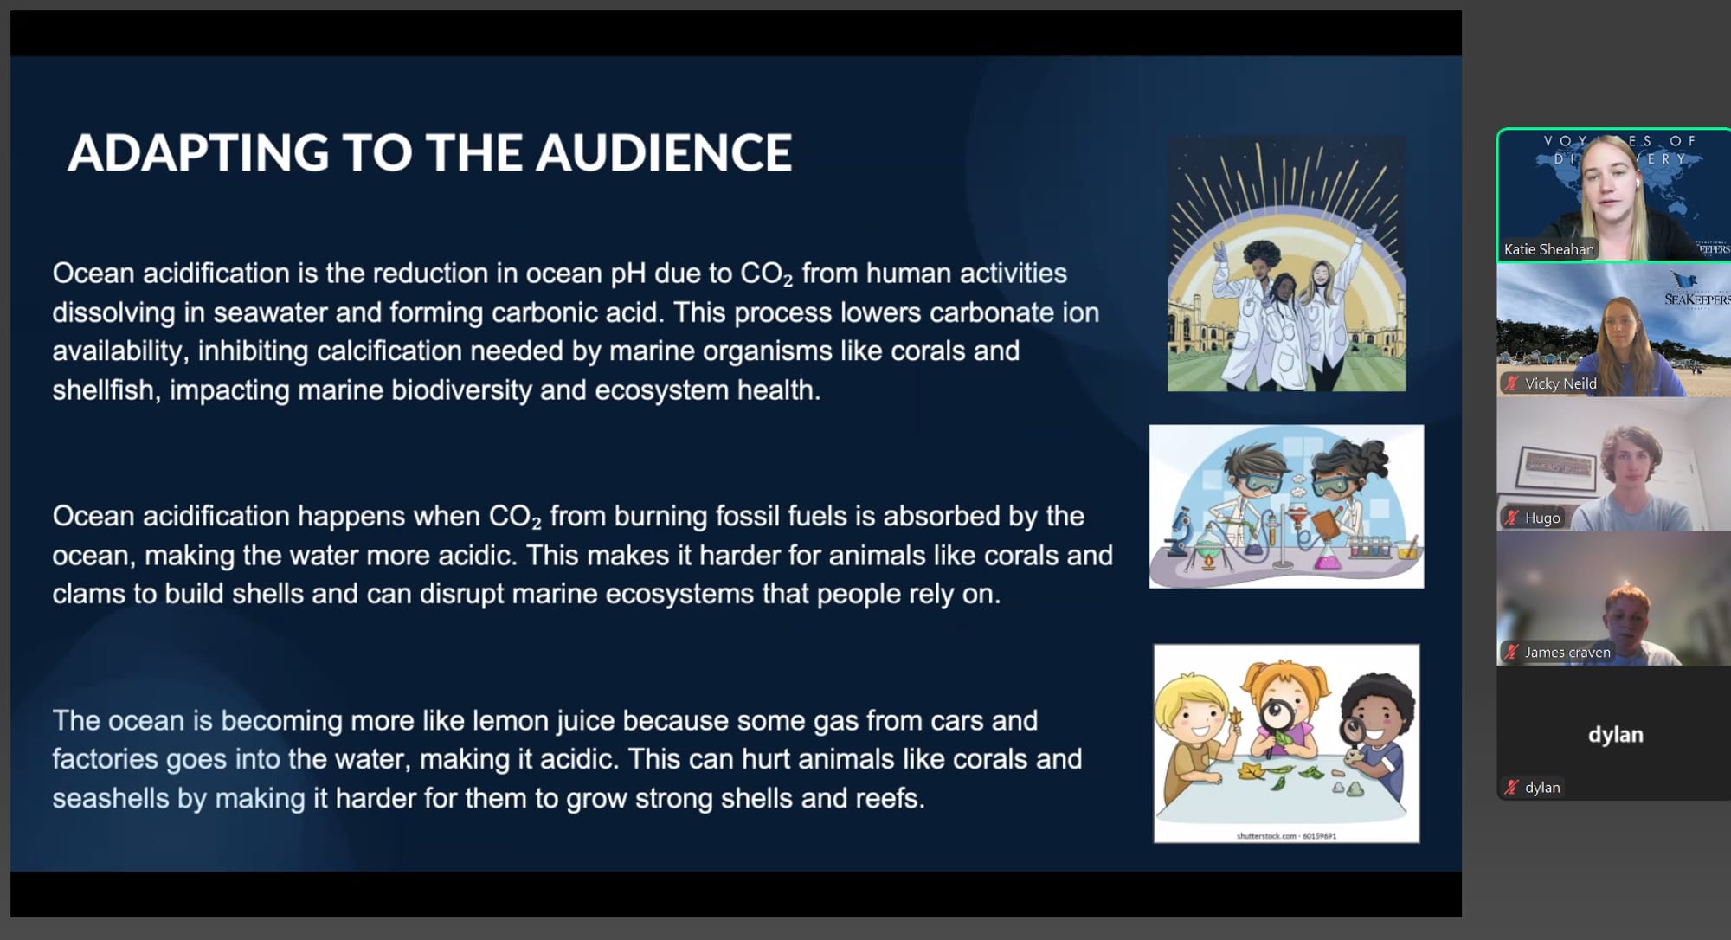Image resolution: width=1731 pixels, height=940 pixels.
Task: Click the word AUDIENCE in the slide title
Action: pos(664,152)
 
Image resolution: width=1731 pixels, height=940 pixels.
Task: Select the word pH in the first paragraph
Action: pos(628,274)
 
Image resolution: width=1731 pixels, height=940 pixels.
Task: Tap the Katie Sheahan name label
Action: pos(1548,249)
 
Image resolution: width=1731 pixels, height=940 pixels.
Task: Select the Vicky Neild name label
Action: pos(1560,383)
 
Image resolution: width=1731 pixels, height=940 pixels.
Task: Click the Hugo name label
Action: pos(1542,518)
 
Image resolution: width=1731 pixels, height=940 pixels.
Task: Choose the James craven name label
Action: pos(1567,652)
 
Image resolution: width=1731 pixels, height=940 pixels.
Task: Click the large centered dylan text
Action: pos(1615,734)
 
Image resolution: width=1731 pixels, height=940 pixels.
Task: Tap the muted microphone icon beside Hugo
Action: pos(1511,518)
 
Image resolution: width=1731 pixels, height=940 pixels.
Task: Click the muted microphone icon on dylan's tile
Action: pos(1511,787)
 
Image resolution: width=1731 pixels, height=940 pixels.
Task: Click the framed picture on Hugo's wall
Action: pos(1557,467)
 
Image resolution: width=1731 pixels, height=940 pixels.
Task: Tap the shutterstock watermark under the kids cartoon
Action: pos(1286,835)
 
